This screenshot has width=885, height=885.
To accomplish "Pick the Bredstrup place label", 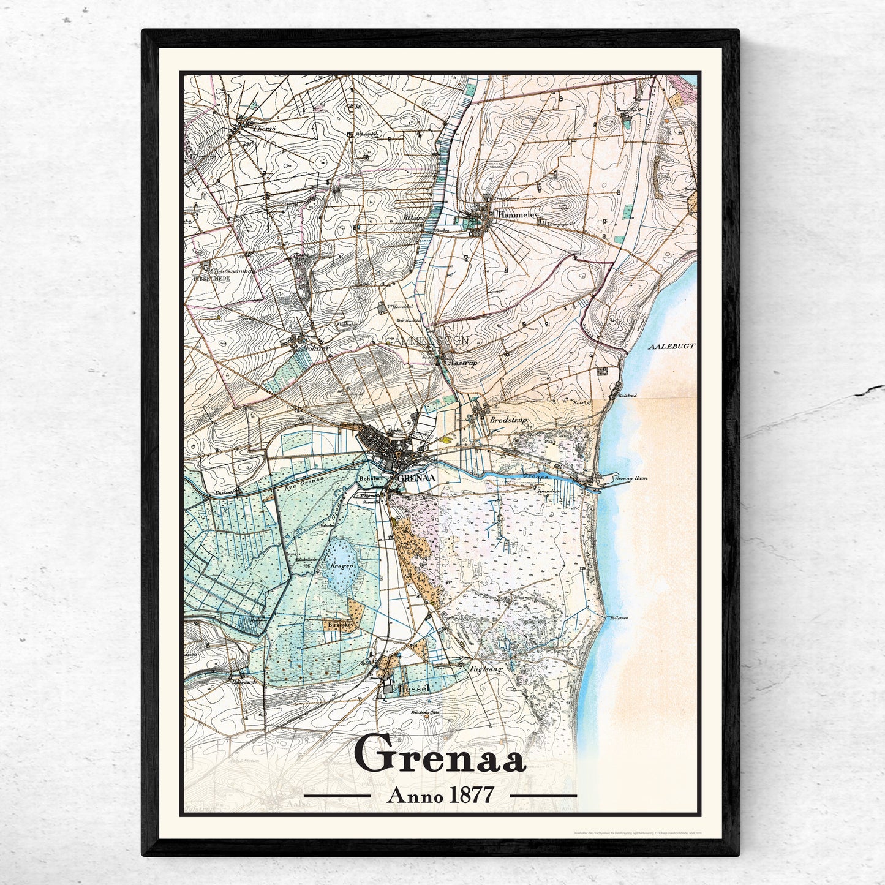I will (509, 420).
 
